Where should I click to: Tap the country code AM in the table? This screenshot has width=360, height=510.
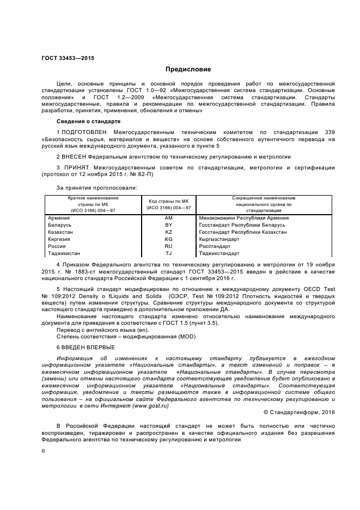pyautogui.click(x=168, y=218)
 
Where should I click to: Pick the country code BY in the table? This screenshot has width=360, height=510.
pyautogui.click(x=168, y=225)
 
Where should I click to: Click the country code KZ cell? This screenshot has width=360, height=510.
pyautogui.click(x=168, y=232)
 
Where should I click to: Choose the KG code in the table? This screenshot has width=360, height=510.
pyautogui.click(x=168, y=239)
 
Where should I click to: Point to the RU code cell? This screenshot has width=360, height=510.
pyautogui.click(x=168, y=246)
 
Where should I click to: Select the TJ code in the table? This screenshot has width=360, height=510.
pyautogui.click(x=168, y=253)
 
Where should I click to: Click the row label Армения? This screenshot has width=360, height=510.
pyautogui.click(x=59, y=218)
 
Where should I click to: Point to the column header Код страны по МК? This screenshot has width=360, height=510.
pyautogui.click(x=168, y=202)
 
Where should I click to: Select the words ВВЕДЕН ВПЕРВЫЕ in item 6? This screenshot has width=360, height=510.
pyautogui.click(x=89, y=347)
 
